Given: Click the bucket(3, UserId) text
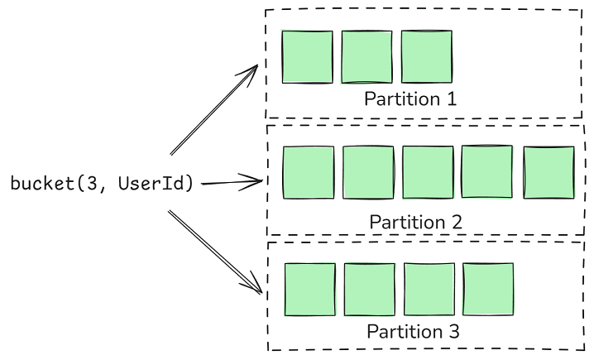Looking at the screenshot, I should point(102,183).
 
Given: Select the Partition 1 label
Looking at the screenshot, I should point(410,99).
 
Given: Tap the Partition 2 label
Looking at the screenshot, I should point(415,223).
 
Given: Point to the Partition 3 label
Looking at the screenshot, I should point(413,332).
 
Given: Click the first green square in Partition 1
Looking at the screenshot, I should point(307,57).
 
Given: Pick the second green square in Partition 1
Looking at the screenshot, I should point(366,57).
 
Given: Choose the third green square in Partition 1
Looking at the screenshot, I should point(427,57).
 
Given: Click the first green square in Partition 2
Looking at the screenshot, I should point(308,173).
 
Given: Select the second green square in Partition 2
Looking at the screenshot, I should point(368,173).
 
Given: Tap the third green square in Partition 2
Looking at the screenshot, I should point(428,173).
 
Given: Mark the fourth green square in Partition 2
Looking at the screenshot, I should point(487,172).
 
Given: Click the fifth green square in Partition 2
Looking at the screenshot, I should point(548,172).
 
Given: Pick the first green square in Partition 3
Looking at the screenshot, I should point(309,290).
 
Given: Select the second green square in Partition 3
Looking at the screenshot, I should point(369,290).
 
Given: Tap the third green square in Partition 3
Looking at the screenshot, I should point(429,290).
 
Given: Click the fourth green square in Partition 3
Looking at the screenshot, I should point(488,290).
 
